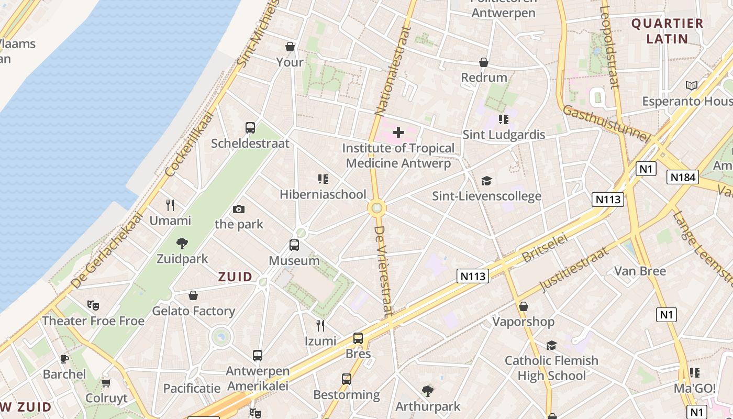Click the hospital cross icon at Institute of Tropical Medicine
(x=398, y=132)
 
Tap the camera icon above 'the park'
(x=239, y=210)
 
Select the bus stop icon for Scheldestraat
(x=250, y=128)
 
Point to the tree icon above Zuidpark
(x=182, y=243)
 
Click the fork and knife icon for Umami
(x=170, y=205)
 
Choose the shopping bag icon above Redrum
(x=484, y=63)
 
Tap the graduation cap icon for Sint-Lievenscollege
(x=487, y=181)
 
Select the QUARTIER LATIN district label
(x=667, y=31)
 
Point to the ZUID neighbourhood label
(x=235, y=277)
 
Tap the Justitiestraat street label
(x=574, y=269)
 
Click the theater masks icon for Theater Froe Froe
(x=93, y=305)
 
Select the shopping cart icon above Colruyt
(x=106, y=383)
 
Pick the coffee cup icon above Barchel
(x=64, y=359)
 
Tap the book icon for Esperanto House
(x=692, y=85)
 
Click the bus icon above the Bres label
(x=358, y=338)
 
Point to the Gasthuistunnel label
(x=606, y=124)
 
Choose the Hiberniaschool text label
(x=323, y=194)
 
